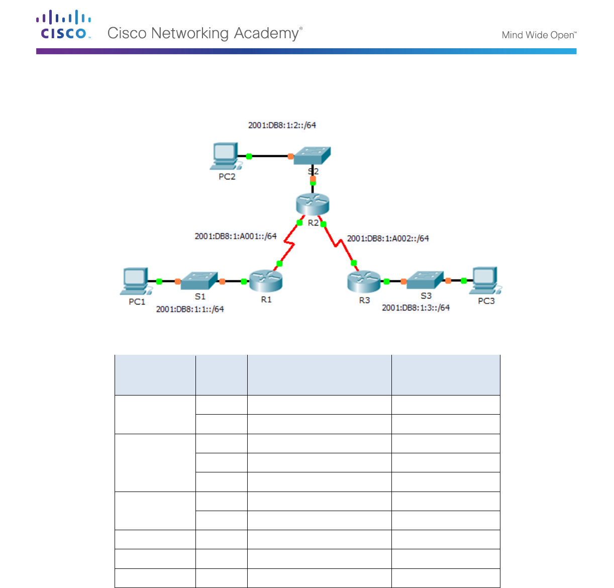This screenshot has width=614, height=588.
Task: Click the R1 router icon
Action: click(266, 280)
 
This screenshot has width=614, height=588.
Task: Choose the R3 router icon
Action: click(364, 281)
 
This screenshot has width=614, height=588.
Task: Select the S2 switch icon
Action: click(312, 155)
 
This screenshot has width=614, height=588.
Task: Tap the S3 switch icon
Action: click(425, 280)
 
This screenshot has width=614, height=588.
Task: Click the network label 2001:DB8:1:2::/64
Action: click(282, 125)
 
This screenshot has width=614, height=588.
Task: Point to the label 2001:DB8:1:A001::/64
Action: click(236, 236)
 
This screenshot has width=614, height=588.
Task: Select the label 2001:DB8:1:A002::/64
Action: click(388, 238)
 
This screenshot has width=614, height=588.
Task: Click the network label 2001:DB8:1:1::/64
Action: click(190, 309)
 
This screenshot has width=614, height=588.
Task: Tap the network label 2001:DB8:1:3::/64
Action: click(416, 308)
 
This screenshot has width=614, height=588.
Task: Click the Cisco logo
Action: click(64, 25)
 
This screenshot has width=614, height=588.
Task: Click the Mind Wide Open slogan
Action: click(539, 35)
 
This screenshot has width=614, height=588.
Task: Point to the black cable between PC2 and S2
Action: click(270, 156)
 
